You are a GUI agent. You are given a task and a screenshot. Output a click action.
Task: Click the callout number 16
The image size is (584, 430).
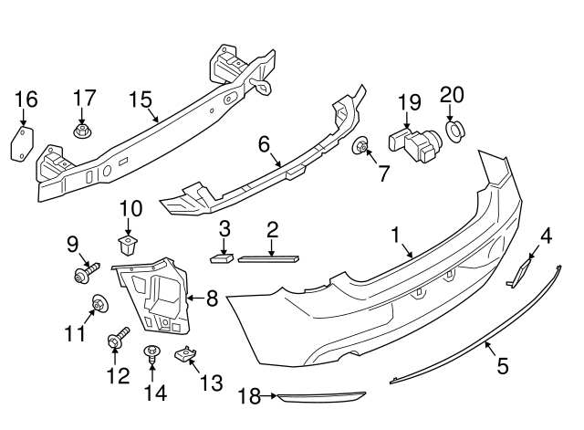pyautogui.click(x=26, y=99)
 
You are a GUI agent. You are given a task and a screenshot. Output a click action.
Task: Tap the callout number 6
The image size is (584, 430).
pyautogui.click(x=264, y=144)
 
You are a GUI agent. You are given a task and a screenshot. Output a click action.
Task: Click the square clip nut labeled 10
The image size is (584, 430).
pyautogui.click(x=127, y=243)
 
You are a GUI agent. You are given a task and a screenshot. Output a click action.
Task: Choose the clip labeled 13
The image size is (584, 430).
pyautogui.click(x=188, y=354)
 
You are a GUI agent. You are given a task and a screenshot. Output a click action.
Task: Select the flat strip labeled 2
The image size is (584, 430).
pyautogui.click(x=267, y=257)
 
